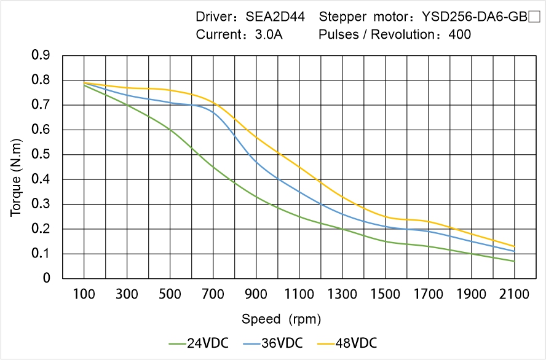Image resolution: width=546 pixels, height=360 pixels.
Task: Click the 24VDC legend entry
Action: point(199,343)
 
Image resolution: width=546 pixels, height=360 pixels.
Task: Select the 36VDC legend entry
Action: point(272,343)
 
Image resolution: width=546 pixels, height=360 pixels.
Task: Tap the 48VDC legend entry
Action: point(346,343)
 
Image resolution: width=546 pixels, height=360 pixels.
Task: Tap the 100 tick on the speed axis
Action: point(84,294)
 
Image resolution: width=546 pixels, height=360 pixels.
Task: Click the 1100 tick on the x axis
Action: point(299,294)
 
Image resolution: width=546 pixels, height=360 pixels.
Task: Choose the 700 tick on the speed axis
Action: point(213,294)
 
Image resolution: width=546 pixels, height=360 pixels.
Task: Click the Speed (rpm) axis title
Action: point(281,319)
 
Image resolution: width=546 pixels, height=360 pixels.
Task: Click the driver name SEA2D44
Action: point(275,17)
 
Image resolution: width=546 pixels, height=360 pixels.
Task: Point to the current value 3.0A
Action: point(268,34)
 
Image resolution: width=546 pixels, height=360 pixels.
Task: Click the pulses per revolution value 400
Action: point(460,34)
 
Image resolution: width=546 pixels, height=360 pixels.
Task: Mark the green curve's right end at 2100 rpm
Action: point(514,261)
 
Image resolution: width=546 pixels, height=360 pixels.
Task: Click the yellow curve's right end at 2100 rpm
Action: point(514,246)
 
